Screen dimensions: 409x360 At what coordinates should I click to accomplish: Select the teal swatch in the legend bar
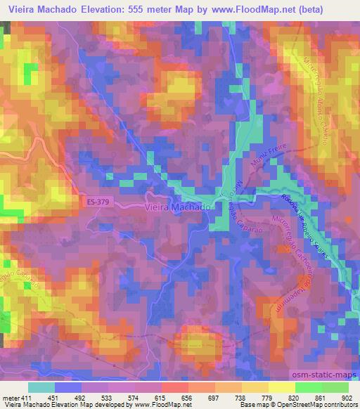[x=41, y=387]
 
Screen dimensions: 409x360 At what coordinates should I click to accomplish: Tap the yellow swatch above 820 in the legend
[x=281, y=387]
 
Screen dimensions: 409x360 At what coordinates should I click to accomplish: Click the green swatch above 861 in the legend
[x=308, y=387]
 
